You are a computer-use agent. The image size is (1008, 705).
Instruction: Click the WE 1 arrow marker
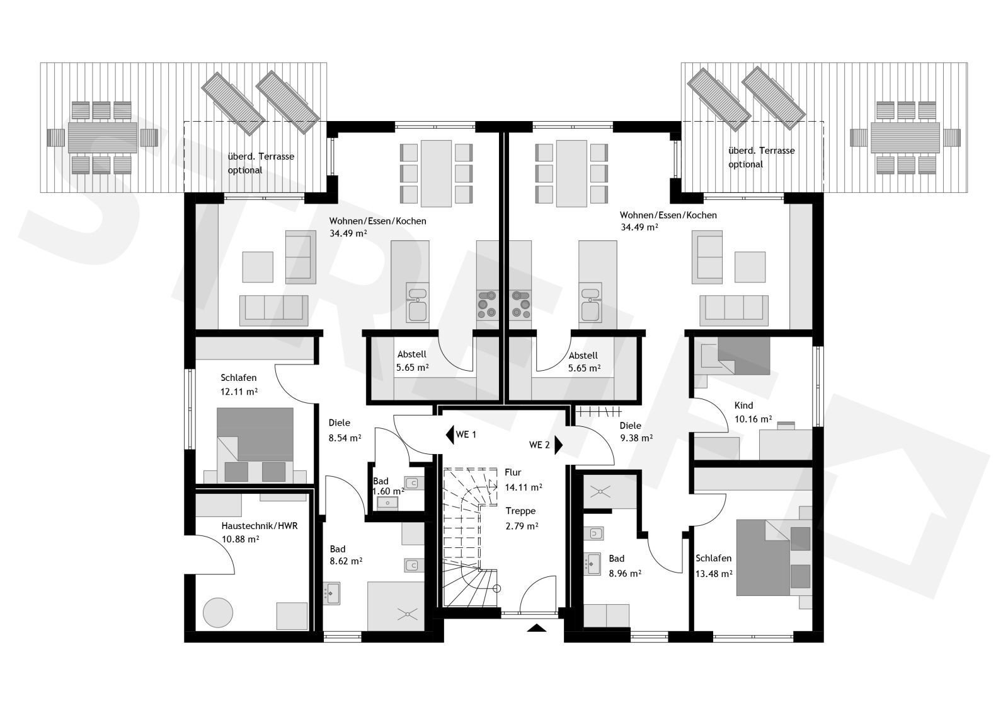click(x=450, y=434)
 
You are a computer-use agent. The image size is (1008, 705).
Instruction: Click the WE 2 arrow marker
click(x=558, y=445)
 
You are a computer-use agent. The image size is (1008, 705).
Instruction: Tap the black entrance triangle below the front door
click(x=536, y=627)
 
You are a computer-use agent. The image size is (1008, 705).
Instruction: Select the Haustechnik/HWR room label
click(x=259, y=526)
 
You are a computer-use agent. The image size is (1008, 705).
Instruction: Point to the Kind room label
click(x=743, y=405)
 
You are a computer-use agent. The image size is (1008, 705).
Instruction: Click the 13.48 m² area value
click(x=714, y=573)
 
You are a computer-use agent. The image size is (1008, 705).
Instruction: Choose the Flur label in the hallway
click(x=513, y=472)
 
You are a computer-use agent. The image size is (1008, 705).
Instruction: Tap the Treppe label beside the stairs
click(x=520, y=511)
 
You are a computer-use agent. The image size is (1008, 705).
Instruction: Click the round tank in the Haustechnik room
click(x=218, y=613)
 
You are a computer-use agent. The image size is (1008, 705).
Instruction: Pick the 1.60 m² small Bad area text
click(x=388, y=491)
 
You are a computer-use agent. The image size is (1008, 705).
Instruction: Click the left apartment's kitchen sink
click(x=417, y=302)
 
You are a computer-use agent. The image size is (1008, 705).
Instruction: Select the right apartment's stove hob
click(x=520, y=304)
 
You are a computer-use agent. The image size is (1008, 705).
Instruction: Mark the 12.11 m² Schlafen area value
click(x=239, y=392)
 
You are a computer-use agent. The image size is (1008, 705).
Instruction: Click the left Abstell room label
click(x=412, y=354)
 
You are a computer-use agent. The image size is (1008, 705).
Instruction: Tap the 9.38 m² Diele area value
click(x=636, y=438)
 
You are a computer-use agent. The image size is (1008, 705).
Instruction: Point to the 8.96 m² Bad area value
click(x=624, y=573)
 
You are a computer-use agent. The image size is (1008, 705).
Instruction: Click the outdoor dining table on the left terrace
click(x=103, y=138)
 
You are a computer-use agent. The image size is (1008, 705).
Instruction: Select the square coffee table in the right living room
click(x=750, y=267)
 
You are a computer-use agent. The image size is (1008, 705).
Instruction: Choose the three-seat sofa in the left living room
click(x=273, y=310)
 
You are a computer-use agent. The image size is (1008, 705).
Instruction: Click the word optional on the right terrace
click(x=746, y=165)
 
